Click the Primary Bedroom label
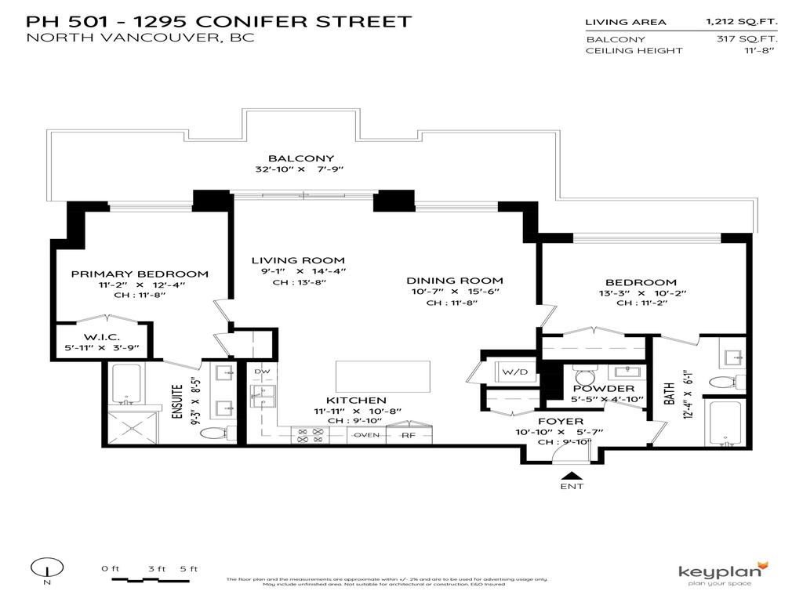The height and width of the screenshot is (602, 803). [140, 274]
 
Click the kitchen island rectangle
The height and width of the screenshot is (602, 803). [383, 376]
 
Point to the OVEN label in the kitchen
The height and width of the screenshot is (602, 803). [367, 435]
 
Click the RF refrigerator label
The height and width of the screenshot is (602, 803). [409, 435]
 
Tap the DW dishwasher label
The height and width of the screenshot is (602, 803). [263, 371]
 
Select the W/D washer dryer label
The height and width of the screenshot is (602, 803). [514, 372]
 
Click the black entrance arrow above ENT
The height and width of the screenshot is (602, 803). [572, 475]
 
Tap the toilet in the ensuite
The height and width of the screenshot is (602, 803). [213, 433]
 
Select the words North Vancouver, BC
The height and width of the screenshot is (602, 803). [140, 38]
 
